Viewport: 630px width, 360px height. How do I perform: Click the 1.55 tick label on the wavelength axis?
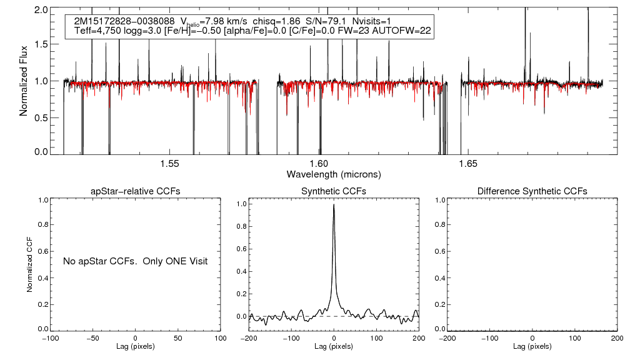(170, 164)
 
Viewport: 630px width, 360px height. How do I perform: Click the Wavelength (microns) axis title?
(334, 174)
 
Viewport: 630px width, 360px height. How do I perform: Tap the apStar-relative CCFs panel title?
(136, 191)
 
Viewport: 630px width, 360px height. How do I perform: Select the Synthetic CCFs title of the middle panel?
(334, 191)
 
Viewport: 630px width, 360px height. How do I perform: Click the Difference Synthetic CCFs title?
(532, 191)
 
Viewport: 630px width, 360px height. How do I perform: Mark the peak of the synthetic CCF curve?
(334, 204)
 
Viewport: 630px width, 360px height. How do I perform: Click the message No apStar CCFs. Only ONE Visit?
(135, 261)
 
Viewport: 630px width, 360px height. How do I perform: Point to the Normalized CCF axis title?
(29, 262)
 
